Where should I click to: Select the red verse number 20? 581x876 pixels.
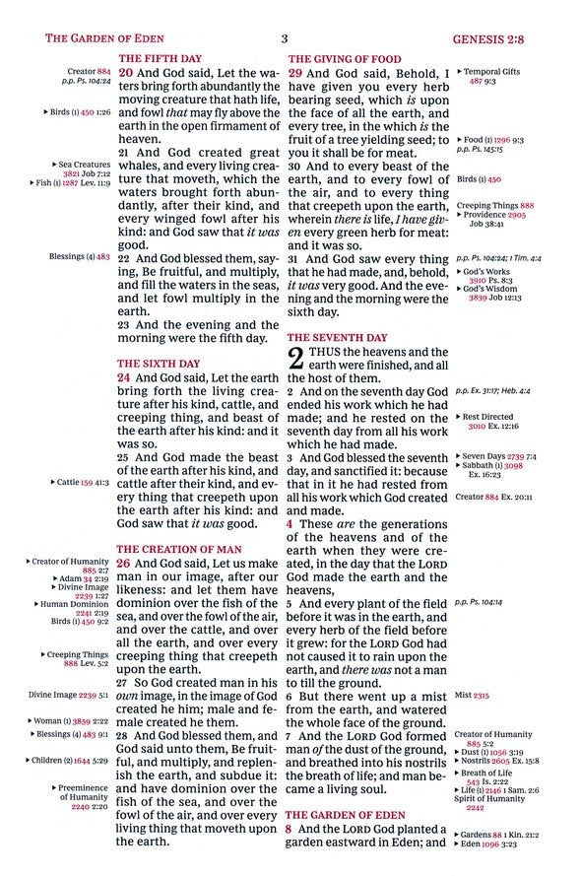(x=125, y=73)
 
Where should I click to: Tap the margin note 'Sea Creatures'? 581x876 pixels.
(x=85, y=165)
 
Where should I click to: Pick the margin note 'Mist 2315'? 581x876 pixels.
(x=472, y=695)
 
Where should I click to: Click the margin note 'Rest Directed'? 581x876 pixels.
(x=488, y=417)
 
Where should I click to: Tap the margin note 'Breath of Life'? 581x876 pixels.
(x=493, y=773)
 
